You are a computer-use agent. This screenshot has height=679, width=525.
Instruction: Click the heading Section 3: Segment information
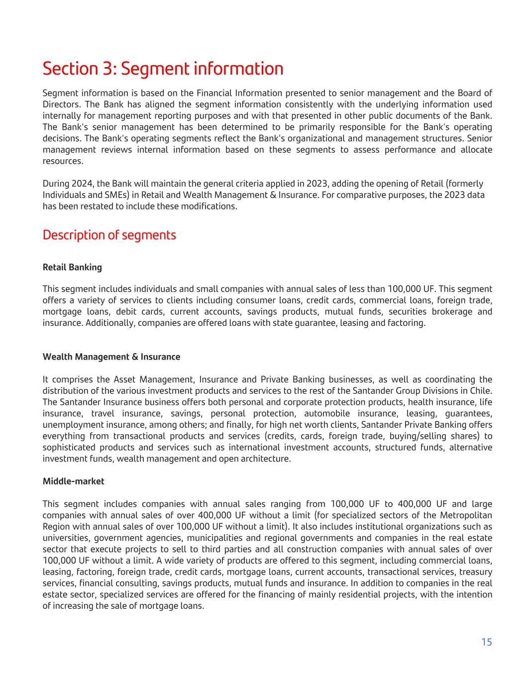tap(163, 69)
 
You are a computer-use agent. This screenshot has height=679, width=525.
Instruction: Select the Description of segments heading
tap(109, 235)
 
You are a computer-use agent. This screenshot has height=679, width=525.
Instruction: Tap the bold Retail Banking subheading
tap(72, 267)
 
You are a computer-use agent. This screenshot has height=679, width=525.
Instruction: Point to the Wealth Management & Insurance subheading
tap(111, 357)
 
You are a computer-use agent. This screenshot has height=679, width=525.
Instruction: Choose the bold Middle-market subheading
tap(73, 481)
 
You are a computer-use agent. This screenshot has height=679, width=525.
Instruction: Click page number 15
tap(486, 642)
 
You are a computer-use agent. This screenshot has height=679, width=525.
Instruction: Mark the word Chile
tap(481, 391)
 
